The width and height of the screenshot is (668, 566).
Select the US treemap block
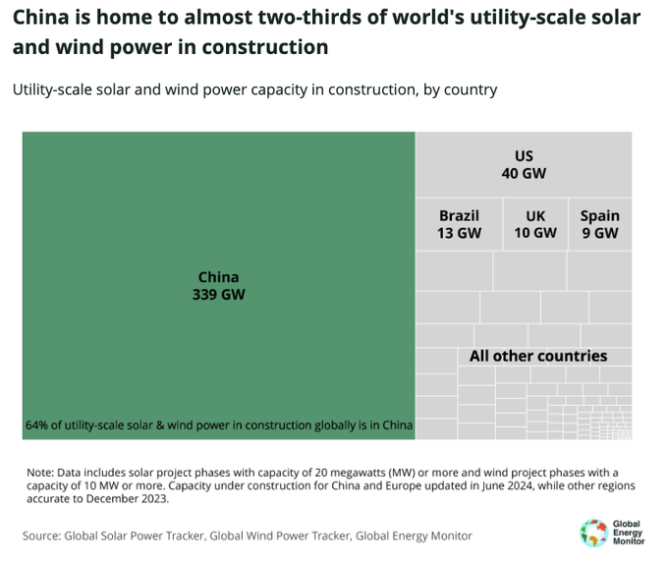524,164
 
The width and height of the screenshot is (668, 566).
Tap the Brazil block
459,224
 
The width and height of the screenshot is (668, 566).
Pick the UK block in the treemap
534,224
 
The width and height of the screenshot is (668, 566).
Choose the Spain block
599,224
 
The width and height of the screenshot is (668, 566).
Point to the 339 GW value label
218,294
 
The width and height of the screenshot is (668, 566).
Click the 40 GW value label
524,173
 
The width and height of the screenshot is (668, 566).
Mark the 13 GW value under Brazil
459,233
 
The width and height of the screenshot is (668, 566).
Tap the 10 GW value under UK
534,233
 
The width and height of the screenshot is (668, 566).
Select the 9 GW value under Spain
599,233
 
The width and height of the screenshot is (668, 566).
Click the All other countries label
538,356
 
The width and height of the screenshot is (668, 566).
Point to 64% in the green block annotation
37,426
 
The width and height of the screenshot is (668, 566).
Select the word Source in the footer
41,536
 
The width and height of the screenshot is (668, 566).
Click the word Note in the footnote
41,473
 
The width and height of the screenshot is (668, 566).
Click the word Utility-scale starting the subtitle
52,89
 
